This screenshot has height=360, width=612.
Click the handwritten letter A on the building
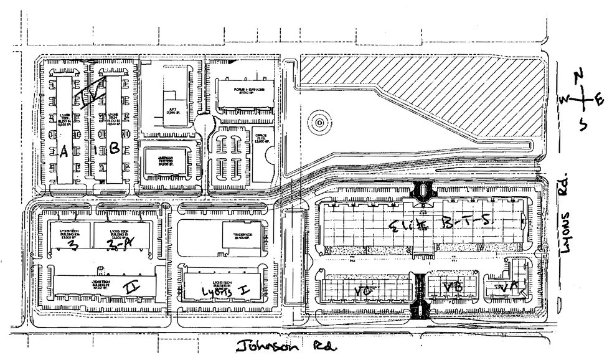tap(63, 151)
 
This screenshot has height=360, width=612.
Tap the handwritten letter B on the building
tap(114, 148)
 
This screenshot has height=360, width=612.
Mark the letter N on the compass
tap(578, 76)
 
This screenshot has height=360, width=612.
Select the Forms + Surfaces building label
tap(245, 93)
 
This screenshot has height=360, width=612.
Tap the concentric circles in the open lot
tap(318, 122)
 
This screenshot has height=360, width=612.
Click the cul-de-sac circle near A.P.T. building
tap(204, 123)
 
